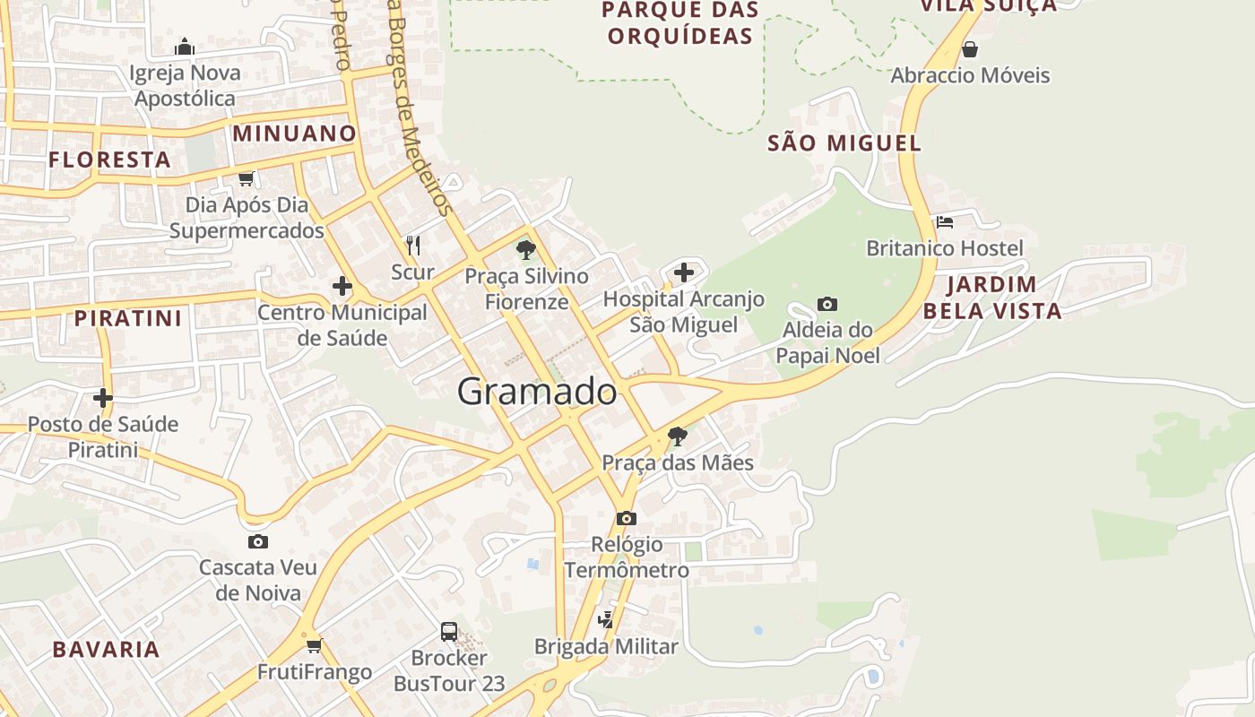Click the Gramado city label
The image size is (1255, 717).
point(537,392)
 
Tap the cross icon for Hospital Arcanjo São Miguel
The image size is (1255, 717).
point(684,272)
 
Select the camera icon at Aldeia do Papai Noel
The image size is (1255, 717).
point(827,305)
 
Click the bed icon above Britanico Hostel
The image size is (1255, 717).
point(944,221)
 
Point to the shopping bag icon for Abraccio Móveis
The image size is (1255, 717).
point(969,49)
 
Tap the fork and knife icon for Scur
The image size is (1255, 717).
point(413,245)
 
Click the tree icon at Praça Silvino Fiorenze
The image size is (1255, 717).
point(526,250)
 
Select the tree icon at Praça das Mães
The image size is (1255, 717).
point(678,436)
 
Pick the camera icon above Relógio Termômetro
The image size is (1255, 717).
point(627,518)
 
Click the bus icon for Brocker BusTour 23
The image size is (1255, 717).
point(449,632)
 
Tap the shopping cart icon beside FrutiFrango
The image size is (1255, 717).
point(314,645)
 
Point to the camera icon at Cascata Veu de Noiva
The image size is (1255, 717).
point(258,541)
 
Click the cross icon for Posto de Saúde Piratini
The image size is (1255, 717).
point(103,397)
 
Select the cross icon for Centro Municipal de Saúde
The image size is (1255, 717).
point(342,287)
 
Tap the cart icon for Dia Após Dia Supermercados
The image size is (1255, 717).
point(246,178)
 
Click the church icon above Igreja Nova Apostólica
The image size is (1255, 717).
point(185,47)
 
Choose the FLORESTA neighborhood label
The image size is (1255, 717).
point(109,160)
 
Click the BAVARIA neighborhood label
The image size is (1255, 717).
point(106,649)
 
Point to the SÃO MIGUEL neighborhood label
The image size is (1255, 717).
point(844,143)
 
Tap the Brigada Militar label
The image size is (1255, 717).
point(606,646)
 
